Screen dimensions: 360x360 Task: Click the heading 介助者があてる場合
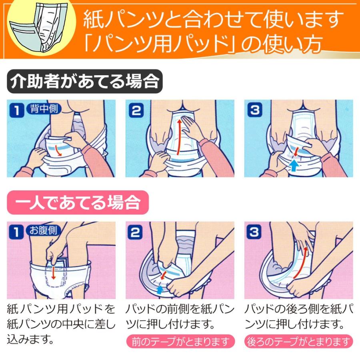(x=84, y=82)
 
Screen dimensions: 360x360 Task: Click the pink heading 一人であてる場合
(x=78, y=203)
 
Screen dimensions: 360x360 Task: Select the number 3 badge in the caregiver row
(x=254, y=110)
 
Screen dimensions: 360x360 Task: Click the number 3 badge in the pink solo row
(x=254, y=232)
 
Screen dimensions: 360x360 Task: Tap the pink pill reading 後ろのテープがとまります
(x=298, y=342)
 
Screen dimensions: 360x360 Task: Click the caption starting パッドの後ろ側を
(x=298, y=315)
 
